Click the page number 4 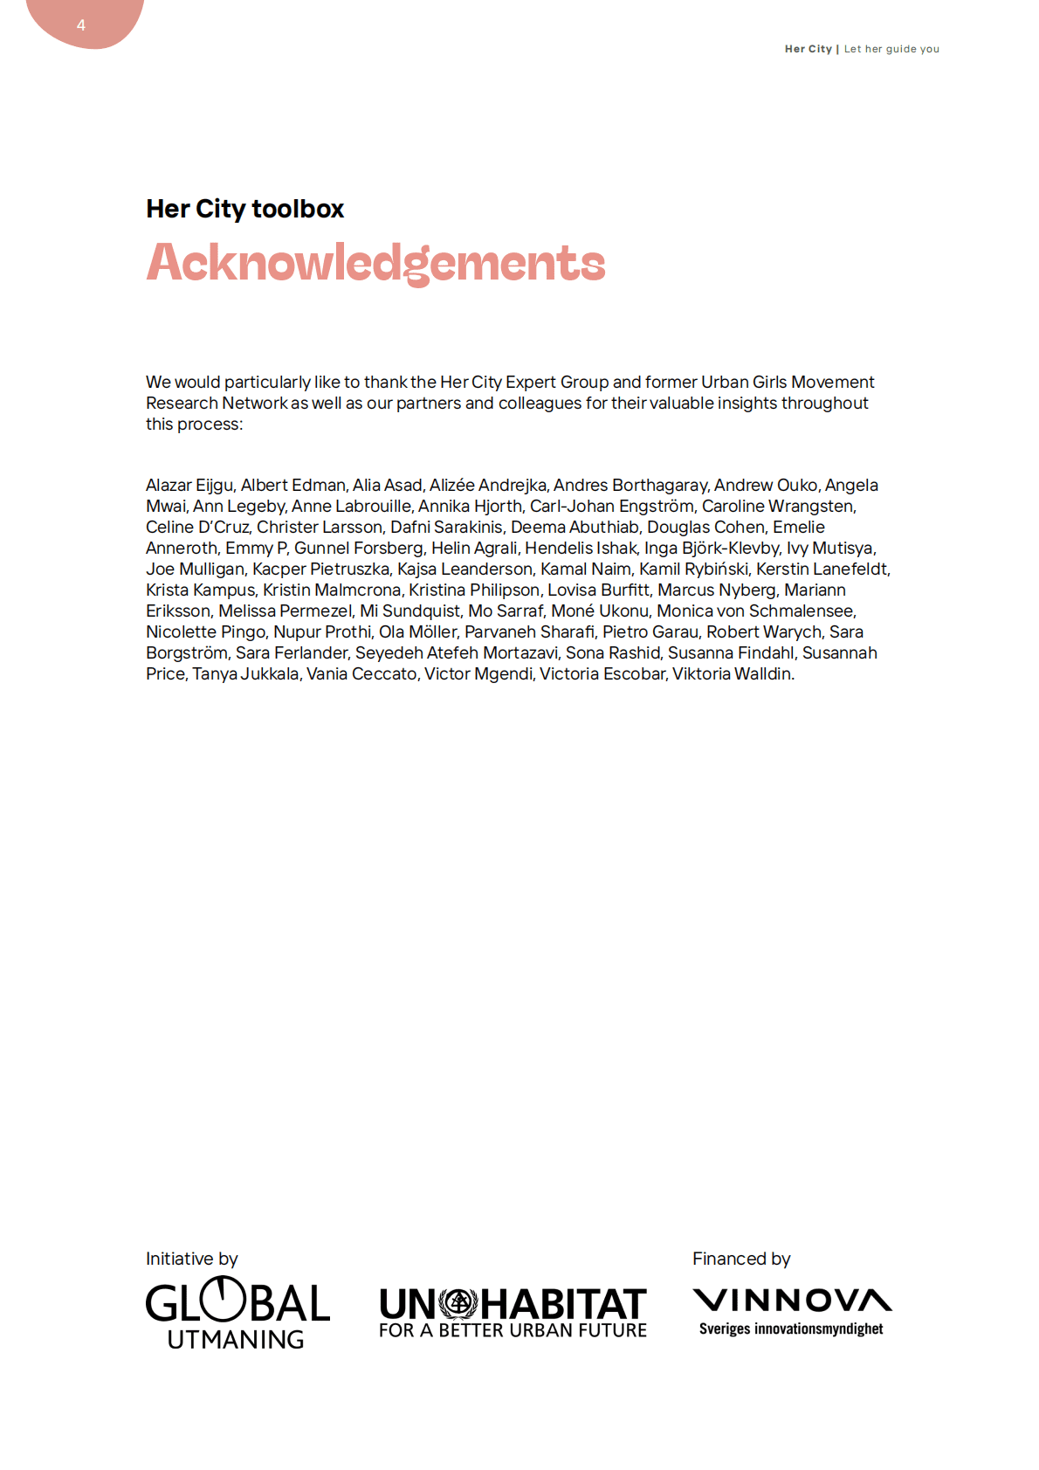point(81,25)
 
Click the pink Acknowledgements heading point(375,262)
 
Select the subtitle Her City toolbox point(244,209)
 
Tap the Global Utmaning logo point(237,1313)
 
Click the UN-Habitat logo point(513,1313)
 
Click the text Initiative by point(191,1259)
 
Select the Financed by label point(741,1259)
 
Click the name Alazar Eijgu point(189,485)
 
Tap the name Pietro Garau point(650,631)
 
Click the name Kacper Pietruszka point(320,569)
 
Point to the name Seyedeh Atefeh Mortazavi point(457,652)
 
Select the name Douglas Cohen point(705,527)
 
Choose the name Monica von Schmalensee point(756,611)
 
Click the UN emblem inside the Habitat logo point(458,1304)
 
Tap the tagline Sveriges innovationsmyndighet point(791,1329)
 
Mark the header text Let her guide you point(891,49)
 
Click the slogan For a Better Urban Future point(513,1330)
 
